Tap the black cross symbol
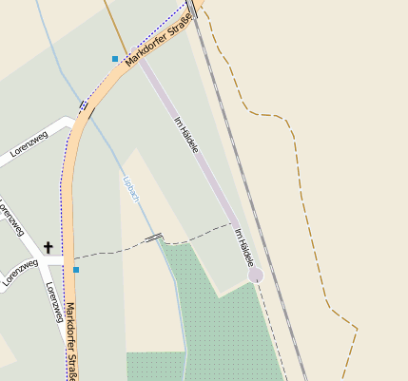coord(48,247)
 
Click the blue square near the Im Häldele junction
coord(115,59)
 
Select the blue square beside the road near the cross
coord(76,270)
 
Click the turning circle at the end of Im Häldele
coord(255,275)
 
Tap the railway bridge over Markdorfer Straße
coord(192,9)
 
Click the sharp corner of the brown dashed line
coord(357,330)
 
